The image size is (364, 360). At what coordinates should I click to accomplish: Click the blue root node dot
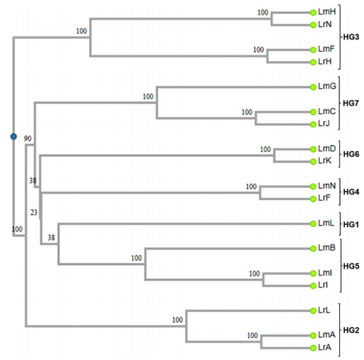[14, 137]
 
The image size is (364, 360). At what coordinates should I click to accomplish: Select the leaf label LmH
[327, 12]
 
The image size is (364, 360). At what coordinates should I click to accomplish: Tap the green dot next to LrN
[313, 25]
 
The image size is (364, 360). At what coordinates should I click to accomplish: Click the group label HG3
[351, 37]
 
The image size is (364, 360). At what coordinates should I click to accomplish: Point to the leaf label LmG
[327, 86]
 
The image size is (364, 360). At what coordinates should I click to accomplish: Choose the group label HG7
[351, 103]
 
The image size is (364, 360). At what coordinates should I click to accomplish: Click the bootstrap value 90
[28, 139]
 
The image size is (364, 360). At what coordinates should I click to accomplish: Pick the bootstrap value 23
[34, 212]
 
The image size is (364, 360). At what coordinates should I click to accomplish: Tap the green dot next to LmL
[313, 223]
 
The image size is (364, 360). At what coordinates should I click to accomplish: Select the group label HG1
[351, 224]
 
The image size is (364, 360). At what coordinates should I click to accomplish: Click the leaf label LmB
[327, 248]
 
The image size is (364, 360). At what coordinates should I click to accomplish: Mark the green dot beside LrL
[313, 310]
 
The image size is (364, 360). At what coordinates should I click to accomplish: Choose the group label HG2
[351, 330]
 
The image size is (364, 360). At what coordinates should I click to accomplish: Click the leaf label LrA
[325, 348]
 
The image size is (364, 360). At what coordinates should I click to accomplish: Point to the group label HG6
[351, 154]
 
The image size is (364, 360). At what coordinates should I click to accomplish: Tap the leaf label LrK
[325, 161]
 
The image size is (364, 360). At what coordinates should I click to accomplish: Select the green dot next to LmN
[313, 186]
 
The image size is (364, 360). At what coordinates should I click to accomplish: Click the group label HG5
[352, 266]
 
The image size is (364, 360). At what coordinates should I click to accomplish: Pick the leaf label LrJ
[324, 123]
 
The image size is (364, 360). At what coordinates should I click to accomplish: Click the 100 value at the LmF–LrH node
[259, 50]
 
